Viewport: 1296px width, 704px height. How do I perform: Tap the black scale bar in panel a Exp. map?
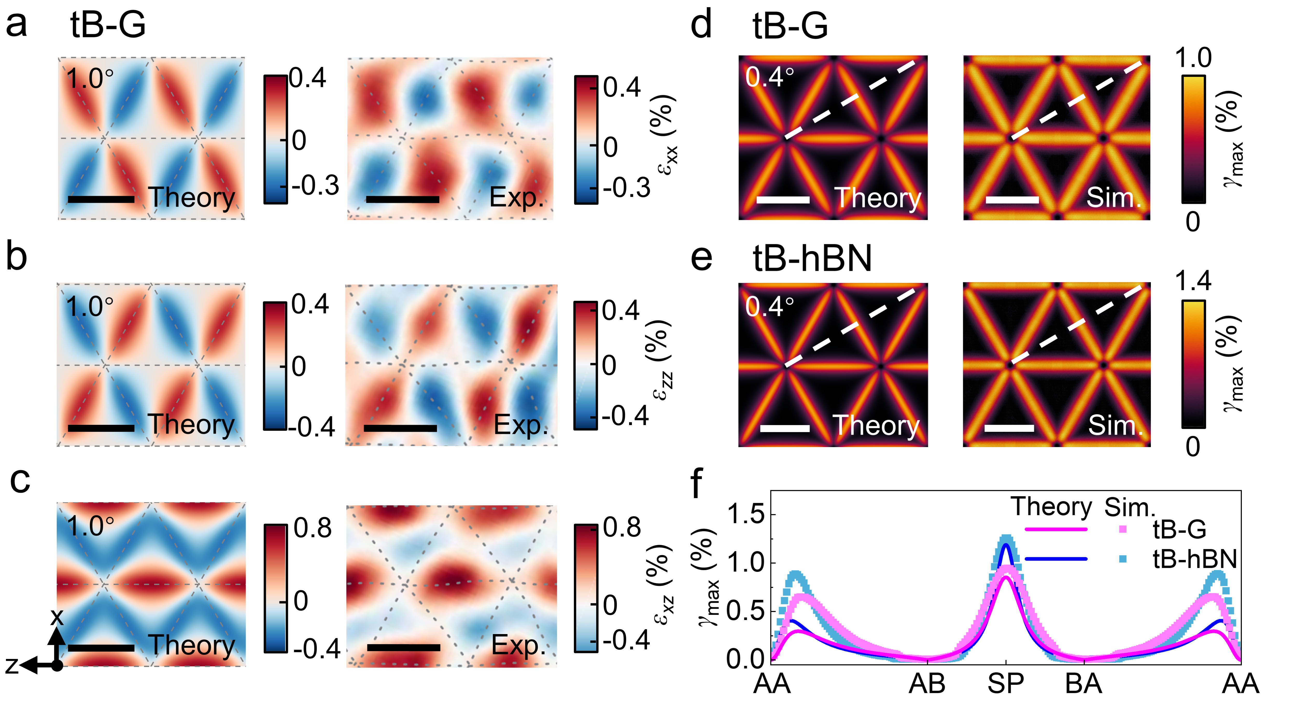pyautogui.click(x=403, y=200)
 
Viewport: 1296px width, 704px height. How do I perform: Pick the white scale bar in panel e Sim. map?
pyautogui.click(x=1009, y=428)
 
